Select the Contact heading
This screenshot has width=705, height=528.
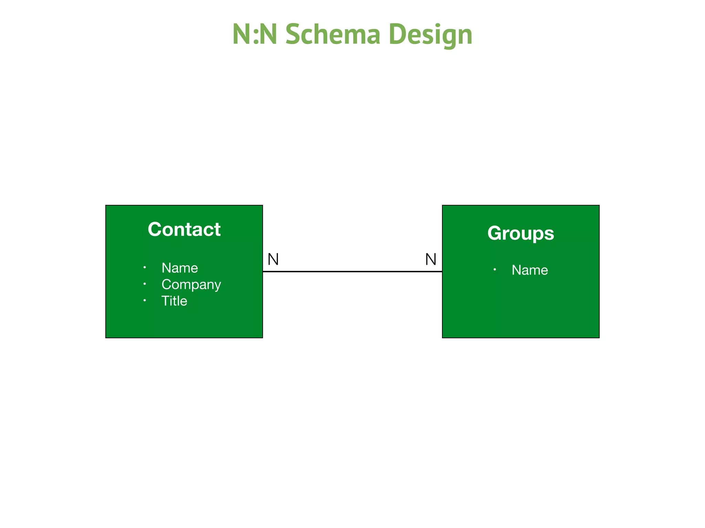click(184, 229)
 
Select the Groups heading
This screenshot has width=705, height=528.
click(520, 233)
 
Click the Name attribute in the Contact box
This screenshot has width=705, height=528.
click(180, 268)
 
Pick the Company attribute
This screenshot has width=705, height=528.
click(191, 285)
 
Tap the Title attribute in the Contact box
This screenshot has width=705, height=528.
click(174, 301)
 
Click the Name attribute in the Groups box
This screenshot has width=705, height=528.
click(529, 270)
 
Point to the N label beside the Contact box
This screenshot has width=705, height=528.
click(273, 259)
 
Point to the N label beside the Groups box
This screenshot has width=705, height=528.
click(431, 259)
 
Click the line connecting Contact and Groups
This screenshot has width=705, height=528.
click(352, 272)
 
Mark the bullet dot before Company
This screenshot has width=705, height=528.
click(145, 284)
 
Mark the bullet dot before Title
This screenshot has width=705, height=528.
click(145, 300)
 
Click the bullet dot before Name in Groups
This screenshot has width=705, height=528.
click(495, 269)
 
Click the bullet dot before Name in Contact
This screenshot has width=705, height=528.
click(145, 267)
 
